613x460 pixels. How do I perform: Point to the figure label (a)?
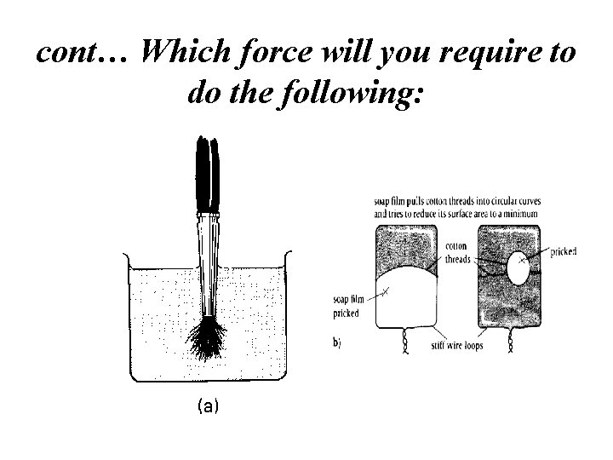coord(207,407)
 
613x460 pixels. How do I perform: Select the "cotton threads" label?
coord(456,252)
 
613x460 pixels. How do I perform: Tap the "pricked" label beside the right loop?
coord(564,251)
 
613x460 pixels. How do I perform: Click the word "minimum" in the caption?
coord(518,213)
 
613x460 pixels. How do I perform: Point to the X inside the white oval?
coord(522,261)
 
